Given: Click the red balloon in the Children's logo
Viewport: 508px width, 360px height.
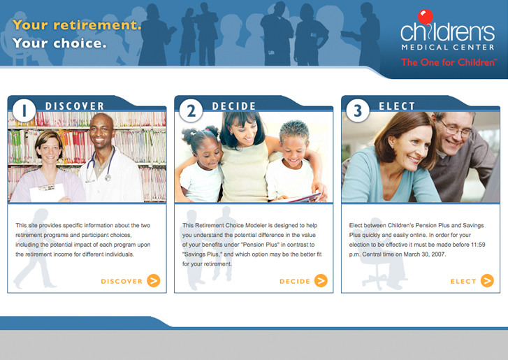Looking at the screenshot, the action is [x=426, y=17].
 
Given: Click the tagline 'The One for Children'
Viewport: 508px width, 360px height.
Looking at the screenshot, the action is [x=449, y=62].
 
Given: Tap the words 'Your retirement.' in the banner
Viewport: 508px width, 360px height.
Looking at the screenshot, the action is [x=77, y=25].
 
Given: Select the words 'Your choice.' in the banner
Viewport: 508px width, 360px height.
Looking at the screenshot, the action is [x=59, y=43].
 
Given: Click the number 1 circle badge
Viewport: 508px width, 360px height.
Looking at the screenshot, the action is [x=24, y=110].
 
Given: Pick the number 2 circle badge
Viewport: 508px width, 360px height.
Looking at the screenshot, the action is [x=191, y=110].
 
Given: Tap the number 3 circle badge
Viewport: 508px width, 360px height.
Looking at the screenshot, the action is [x=358, y=110].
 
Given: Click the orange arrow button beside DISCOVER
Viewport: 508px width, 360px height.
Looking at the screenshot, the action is [x=154, y=280].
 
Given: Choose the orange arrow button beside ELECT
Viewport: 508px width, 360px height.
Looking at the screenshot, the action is [x=487, y=280].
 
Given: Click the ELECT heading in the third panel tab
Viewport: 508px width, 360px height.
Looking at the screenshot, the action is [x=397, y=106].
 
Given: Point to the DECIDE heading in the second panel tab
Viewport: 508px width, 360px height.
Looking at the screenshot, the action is [x=234, y=106].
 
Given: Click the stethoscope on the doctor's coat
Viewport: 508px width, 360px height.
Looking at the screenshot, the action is [x=101, y=164].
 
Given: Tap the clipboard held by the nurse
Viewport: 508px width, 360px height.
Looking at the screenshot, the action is [x=48, y=192].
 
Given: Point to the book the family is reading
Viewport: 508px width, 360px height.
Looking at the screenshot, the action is [x=298, y=197].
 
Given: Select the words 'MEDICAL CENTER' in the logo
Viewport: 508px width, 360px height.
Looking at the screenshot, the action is [x=448, y=48].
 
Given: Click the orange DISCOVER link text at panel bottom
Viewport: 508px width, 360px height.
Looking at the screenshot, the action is [x=122, y=281].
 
